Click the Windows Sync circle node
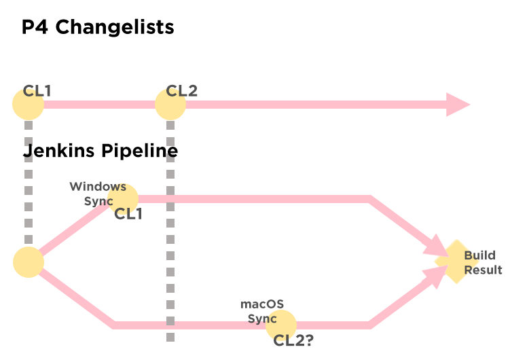pyautogui.click(x=123, y=198)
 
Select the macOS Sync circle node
pyautogui.click(x=281, y=325)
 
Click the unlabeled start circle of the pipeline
pyautogui.click(x=29, y=262)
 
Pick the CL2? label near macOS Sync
pyautogui.click(x=293, y=340)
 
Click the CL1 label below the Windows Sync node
pyautogui.click(x=128, y=214)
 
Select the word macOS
pyautogui.click(x=262, y=304)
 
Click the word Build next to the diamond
pyautogui.click(x=479, y=255)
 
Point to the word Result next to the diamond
pyautogui.click(x=483, y=270)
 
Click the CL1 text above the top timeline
pyautogui.click(x=37, y=91)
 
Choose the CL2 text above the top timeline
pyautogui.click(x=182, y=91)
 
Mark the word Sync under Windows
pyautogui.click(x=98, y=201)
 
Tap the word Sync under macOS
pyautogui.click(x=262, y=319)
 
